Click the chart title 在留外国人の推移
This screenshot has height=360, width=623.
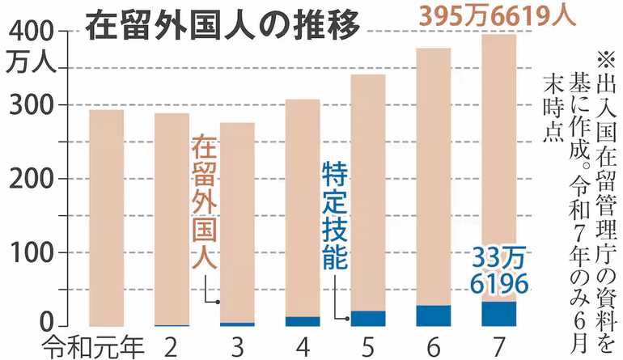(222, 25)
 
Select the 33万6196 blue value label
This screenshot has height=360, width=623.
(496, 271)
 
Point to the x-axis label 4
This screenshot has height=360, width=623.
(302, 345)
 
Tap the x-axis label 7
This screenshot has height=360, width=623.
(498, 345)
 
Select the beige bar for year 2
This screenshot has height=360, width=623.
(172, 218)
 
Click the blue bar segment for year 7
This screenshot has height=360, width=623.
(498, 313)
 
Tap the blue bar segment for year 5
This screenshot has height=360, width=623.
(368, 318)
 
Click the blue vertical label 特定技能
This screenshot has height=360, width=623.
(334, 215)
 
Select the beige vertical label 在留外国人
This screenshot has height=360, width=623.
(203, 203)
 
